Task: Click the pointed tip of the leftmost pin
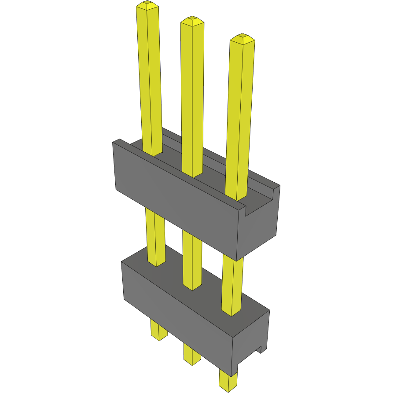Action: coord(147,5)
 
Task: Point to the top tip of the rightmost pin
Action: coord(242,38)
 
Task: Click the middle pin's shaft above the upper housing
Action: coord(192,97)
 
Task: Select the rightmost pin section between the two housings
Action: coord(232,286)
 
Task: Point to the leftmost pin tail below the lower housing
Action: coord(158,330)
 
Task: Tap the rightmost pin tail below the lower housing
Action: coord(228,381)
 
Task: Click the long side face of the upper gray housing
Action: coord(176,198)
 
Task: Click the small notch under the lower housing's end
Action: coord(260,350)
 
